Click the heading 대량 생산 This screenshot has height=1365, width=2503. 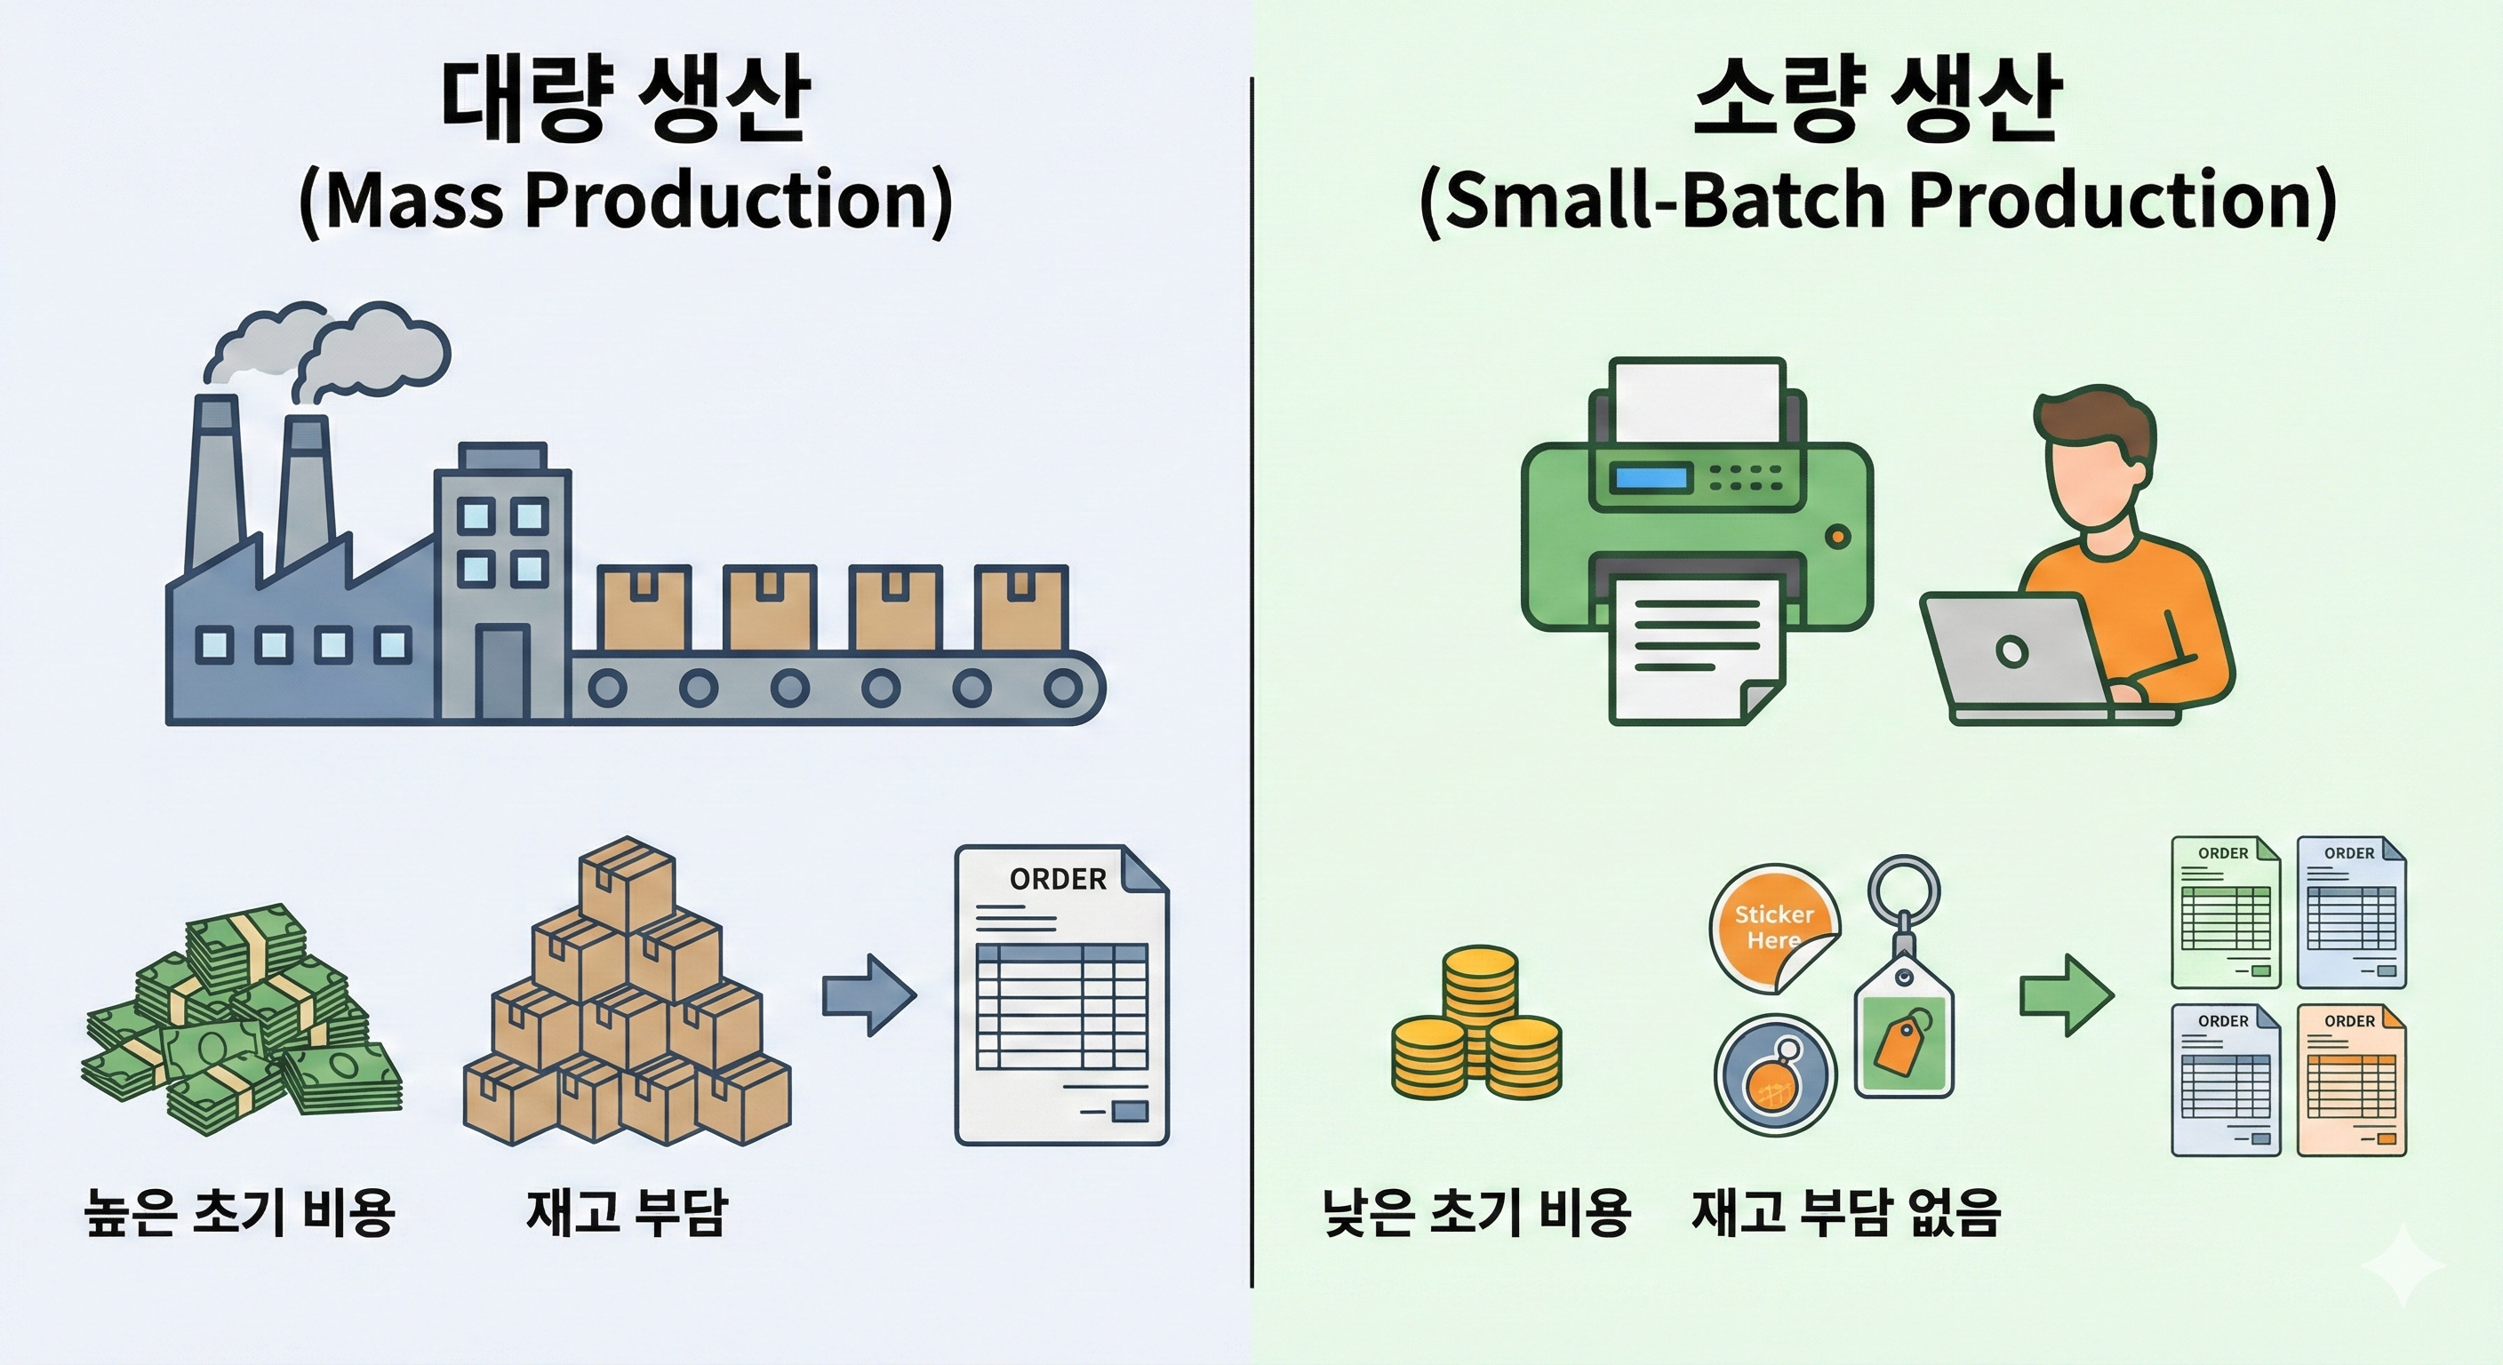coord(625,100)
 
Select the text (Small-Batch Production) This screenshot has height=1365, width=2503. coord(1877,201)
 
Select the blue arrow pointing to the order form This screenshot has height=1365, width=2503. coord(868,994)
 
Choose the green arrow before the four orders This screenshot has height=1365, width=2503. coord(2066,994)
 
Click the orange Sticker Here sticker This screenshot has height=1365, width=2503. coord(1774,927)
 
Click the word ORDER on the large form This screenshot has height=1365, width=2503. coord(1057,879)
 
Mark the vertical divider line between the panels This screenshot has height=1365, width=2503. coord(1251,680)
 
